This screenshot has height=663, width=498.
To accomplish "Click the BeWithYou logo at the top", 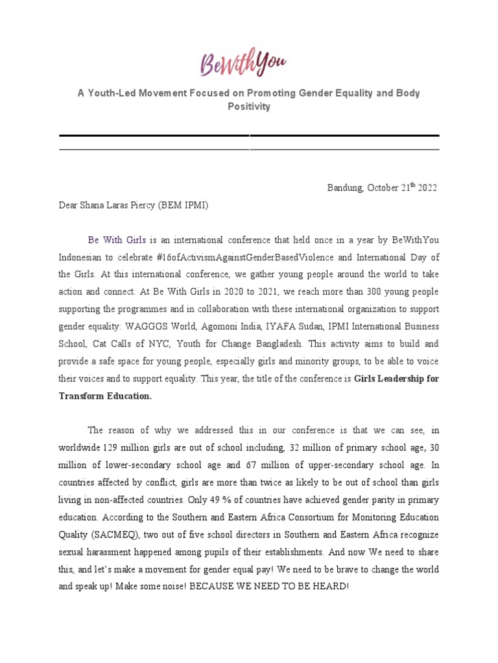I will [243, 63].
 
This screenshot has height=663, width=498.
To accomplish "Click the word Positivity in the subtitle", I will [248, 106].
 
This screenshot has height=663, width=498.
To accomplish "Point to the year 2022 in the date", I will [428, 188].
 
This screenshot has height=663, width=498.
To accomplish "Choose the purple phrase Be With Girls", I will [117, 240].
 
